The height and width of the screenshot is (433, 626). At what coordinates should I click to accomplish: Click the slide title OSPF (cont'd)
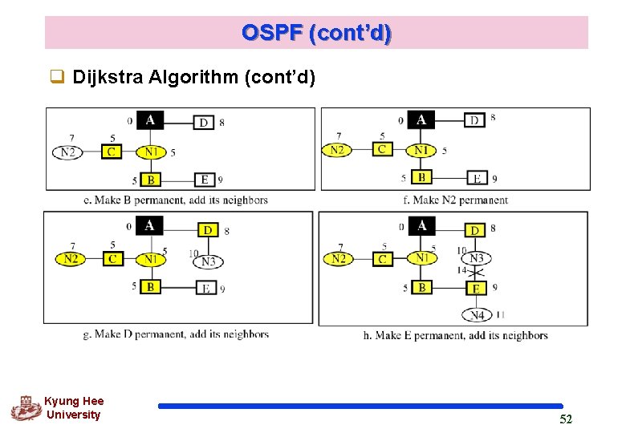(x=316, y=33)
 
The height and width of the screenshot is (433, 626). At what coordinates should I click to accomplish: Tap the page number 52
(x=566, y=419)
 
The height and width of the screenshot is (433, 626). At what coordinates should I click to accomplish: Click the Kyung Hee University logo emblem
(x=26, y=407)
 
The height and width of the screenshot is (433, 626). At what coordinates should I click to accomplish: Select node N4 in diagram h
(x=477, y=314)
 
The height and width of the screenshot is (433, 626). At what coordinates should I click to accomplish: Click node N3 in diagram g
(x=208, y=261)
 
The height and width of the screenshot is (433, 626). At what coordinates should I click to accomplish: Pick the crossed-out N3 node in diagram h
(x=477, y=258)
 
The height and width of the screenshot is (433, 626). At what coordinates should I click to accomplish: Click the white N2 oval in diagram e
(x=68, y=152)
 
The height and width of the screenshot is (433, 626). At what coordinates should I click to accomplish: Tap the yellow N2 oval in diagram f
(x=337, y=150)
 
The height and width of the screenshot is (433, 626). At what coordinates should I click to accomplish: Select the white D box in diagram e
(x=203, y=122)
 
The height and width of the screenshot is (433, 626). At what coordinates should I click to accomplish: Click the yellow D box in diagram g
(x=208, y=230)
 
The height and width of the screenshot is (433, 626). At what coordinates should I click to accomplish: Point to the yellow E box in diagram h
(x=475, y=288)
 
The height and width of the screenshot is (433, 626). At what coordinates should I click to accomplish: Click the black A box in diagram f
(x=421, y=119)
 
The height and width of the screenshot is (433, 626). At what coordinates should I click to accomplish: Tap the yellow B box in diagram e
(x=150, y=180)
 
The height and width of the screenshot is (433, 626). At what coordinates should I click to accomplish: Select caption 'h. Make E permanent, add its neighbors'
(x=455, y=335)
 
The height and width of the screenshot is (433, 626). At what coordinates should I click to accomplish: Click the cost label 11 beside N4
(x=501, y=314)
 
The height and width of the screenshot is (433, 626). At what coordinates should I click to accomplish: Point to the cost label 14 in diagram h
(x=461, y=271)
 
